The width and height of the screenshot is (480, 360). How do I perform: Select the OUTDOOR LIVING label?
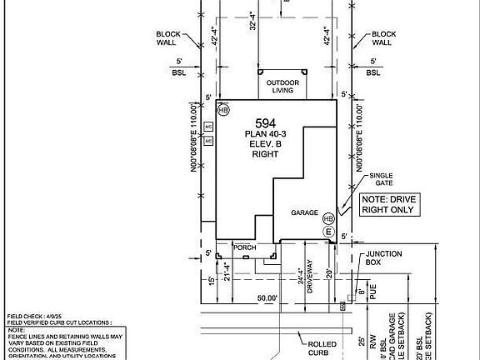click(x=282, y=87)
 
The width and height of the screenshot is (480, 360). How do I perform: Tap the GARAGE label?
click(x=304, y=212)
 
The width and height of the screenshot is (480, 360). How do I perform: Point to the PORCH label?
click(x=244, y=247)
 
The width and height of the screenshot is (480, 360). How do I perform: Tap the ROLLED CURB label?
click(x=322, y=347)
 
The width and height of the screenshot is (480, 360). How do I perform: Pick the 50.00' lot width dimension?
click(x=267, y=297)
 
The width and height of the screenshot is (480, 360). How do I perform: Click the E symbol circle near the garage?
click(x=328, y=231)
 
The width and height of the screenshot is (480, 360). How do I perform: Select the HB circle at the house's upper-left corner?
click(x=223, y=109)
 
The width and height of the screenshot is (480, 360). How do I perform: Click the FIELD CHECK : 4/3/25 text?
click(x=35, y=317)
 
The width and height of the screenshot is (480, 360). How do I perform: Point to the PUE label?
click(x=372, y=293)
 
